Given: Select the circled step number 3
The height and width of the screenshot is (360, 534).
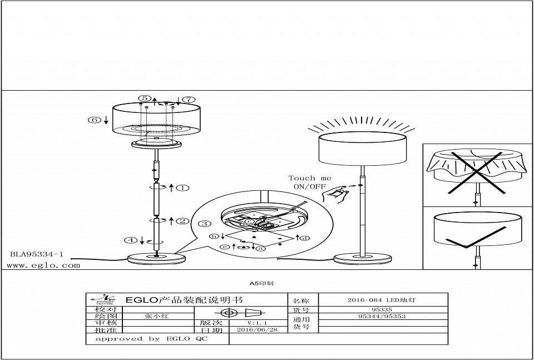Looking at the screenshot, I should point(205,224).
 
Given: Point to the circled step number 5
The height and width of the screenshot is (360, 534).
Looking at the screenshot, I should point(145,98).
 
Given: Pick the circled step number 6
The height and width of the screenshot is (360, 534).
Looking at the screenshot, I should point(95,120).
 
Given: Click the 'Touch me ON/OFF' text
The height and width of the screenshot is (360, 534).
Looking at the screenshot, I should point(310,182).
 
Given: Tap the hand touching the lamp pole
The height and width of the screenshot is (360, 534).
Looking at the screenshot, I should point(337,194).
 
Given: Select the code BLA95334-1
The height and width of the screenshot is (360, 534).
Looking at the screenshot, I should point(37,254).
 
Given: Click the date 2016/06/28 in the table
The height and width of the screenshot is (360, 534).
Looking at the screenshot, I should point(256,329).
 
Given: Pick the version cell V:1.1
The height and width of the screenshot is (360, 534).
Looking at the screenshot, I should point(257,323).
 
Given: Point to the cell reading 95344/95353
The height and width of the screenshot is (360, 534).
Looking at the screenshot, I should point(384,316).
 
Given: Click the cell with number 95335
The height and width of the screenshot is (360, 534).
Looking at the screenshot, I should point(384,308).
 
